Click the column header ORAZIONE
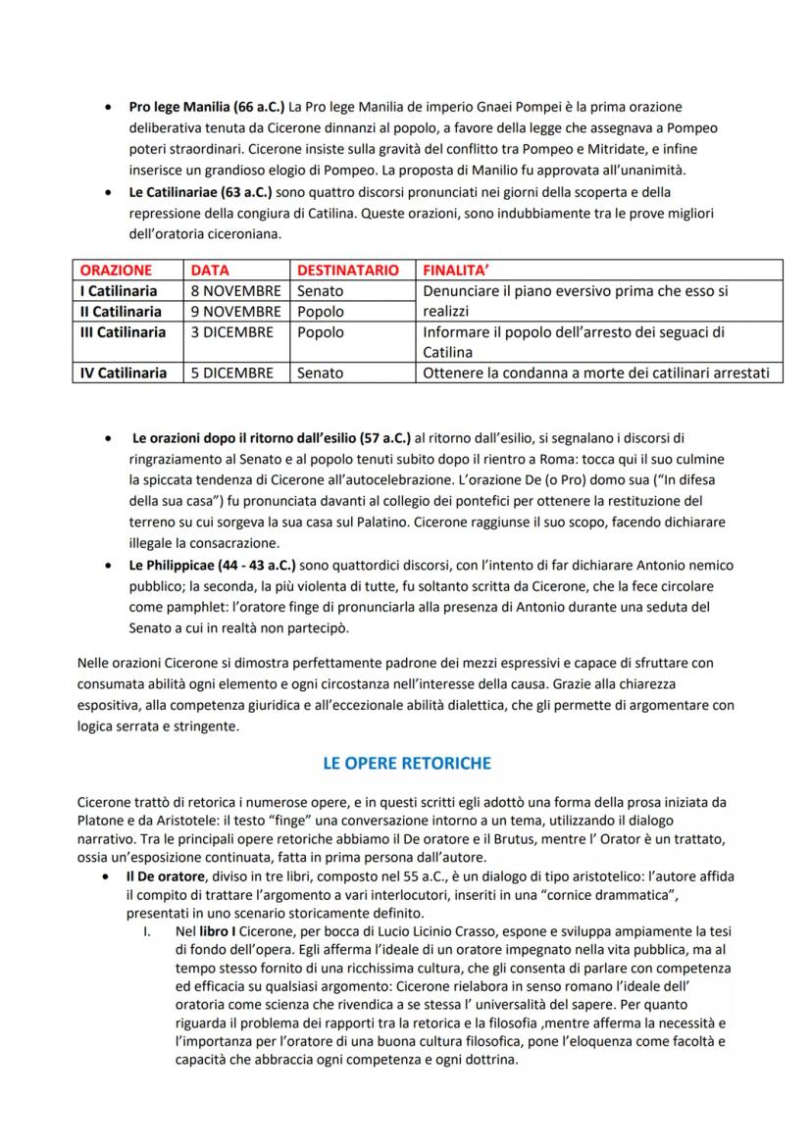[116, 270]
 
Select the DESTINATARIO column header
[348, 270]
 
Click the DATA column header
[209, 270]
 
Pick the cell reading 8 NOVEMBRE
[235, 291]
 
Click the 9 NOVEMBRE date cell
[235, 312]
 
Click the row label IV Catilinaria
[124, 373]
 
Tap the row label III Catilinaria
[123, 332]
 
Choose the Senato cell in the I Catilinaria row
[321, 291]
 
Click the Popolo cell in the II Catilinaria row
[321, 312]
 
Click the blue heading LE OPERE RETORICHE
[407, 763]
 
